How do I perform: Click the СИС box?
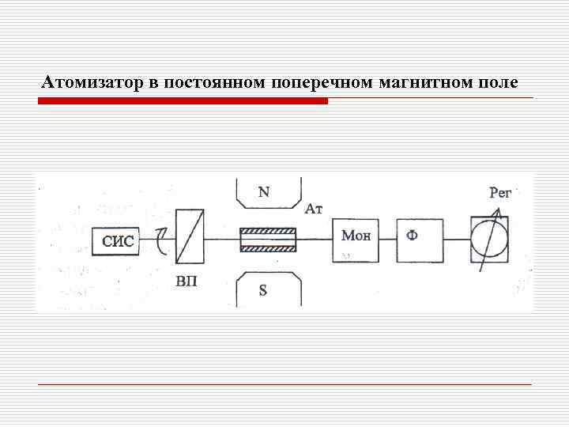pos(118,241)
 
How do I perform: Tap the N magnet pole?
pos(268,193)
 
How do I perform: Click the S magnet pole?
pos(268,289)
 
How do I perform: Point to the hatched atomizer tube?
pos(268,239)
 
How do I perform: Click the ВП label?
pos(187,282)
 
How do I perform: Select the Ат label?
pos(314,210)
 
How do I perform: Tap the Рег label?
pos(501,192)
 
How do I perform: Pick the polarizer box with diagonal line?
pos(190,236)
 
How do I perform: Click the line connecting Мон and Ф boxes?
pos(387,240)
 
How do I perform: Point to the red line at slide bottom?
pos(284,384)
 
